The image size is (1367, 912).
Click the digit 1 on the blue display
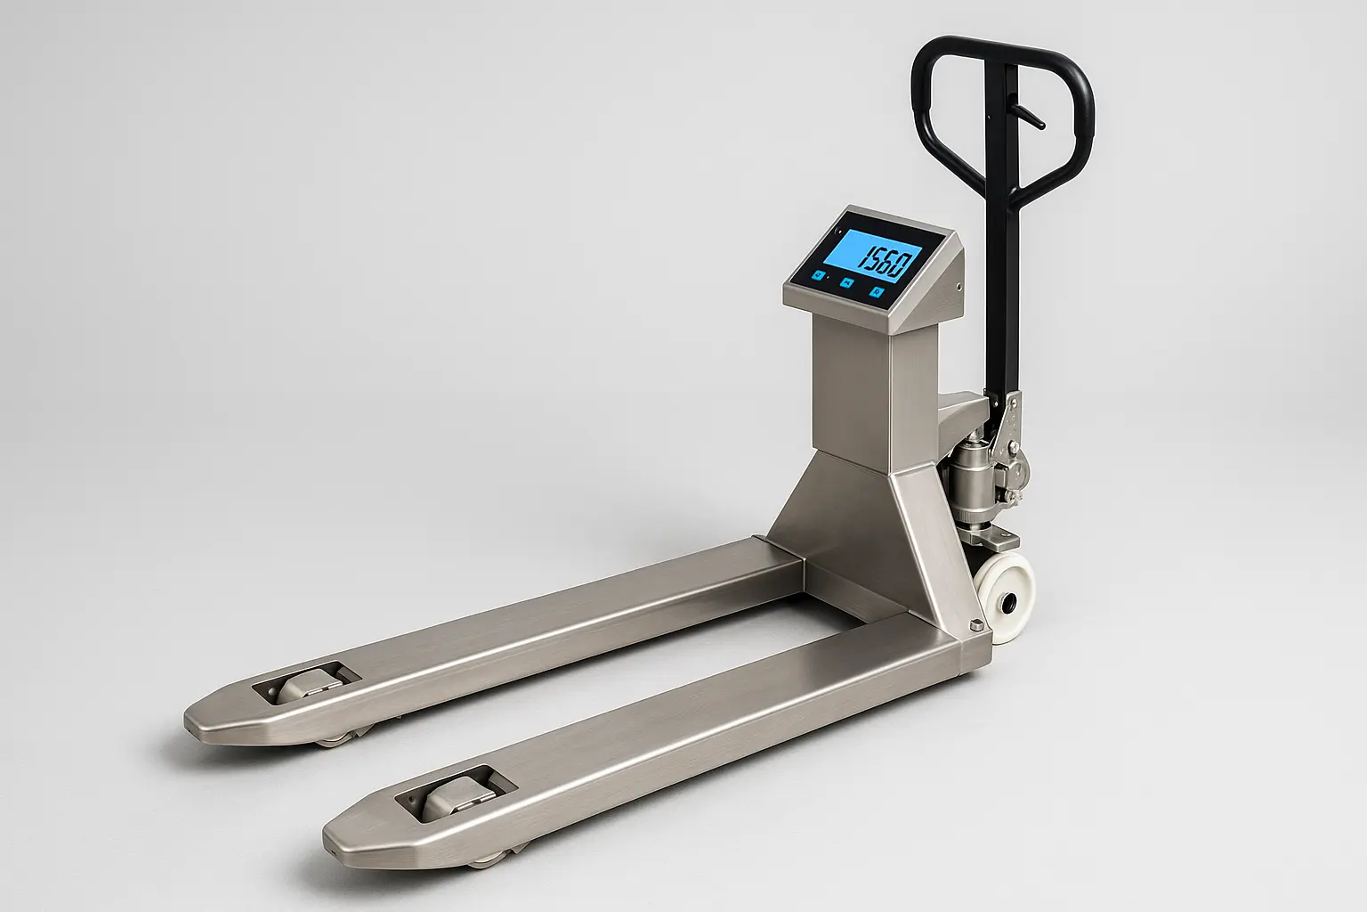point(863,259)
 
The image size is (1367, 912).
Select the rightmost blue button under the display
point(878,292)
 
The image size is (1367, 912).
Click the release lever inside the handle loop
point(1026,116)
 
